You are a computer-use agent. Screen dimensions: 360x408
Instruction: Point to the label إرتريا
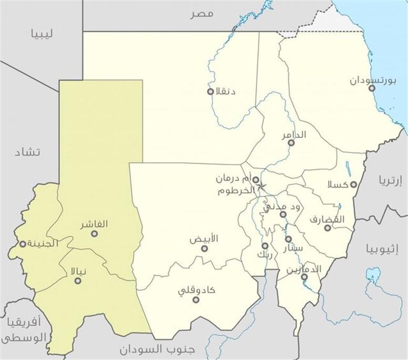[x=390, y=181]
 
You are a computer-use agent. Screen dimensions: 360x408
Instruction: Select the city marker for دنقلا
[x=210, y=91]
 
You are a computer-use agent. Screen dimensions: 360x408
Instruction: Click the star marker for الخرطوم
[x=260, y=187]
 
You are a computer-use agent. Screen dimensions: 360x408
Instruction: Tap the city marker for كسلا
[x=354, y=184]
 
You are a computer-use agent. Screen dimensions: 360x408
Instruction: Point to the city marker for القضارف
[x=327, y=228]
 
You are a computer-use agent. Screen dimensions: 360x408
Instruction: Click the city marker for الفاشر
[x=95, y=233]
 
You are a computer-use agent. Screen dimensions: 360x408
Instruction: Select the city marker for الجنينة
[x=23, y=244]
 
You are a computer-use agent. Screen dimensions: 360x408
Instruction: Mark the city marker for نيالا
[x=78, y=281]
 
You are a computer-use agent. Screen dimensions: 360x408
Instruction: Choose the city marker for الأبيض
[x=205, y=248]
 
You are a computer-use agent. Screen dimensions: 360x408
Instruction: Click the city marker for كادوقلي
[x=196, y=300]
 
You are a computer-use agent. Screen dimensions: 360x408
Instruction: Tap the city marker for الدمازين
[x=304, y=276]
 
